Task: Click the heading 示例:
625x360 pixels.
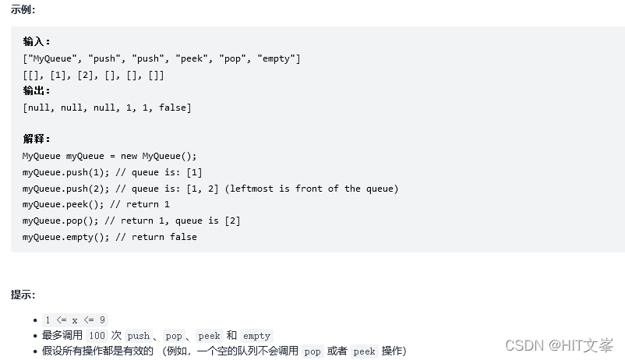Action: [x=23, y=10]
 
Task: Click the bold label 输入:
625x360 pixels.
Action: [x=36, y=42]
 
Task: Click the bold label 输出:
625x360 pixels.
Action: [x=36, y=91]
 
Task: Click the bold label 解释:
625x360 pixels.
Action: [x=36, y=139]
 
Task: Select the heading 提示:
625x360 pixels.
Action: [x=23, y=295]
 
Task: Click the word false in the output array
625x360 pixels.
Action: [x=172, y=108]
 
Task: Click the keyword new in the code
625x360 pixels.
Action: [x=129, y=156]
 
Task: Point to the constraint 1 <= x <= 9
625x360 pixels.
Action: [x=75, y=320]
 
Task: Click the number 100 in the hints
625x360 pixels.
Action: [x=97, y=336]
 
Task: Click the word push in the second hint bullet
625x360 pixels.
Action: [x=138, y=336]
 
